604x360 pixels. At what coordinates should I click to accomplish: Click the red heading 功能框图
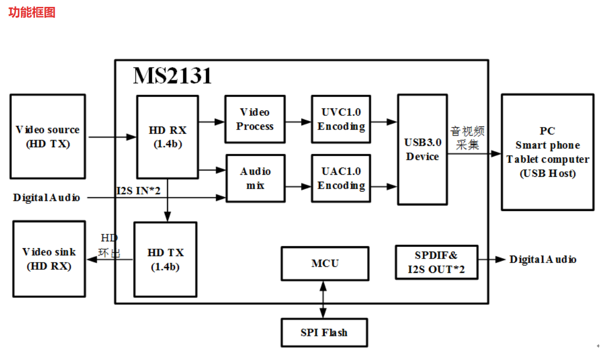pyautogui.click(x=32, y=12)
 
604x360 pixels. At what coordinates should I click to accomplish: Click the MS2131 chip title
pyautogui.click(x=172, y=76)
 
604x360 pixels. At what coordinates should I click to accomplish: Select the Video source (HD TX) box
pyautogui.click(x=47, y=136)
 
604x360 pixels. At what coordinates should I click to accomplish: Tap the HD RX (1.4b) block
pyautogui.click(x=168, y=136)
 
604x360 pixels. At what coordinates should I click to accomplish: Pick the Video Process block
pyautogui.click(x=255, y=119)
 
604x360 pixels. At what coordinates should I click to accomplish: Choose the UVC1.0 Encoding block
pyautogui.click(x=341, y=119)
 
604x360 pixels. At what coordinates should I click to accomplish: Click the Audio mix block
pyautogui.click(x=255, y=178)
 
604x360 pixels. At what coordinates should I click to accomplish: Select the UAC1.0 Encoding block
pyautogui.click(x=341, y=178)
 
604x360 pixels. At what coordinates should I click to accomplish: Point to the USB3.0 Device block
pyautogui.click(x=422, y=149)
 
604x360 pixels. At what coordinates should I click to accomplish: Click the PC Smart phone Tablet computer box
pyautogui.click(x=547, y=152)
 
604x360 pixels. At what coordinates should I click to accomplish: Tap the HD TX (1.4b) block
pyautogui.click(x=166, y=259)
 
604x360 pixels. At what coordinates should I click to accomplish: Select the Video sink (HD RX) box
pyautogui.click(x=49, y=259)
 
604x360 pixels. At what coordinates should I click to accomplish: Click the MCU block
pyautogui.click(x=325, y=263)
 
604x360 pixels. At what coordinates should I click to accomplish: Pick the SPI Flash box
pyautogui.click(x=324, y=332)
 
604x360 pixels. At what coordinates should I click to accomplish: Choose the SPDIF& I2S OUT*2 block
pyautogui.click(x=436, y=262)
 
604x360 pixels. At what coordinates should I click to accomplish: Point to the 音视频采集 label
pyautogui.click(x=467, y=138)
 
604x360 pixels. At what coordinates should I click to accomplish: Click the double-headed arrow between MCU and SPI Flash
pyautogui.click(x=323, y=299)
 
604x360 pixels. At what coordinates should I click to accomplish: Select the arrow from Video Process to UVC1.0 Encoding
pyautogui.click(x=299, y=121)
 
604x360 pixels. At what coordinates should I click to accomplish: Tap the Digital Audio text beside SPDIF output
pyautogui.click(x=543, y=260)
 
